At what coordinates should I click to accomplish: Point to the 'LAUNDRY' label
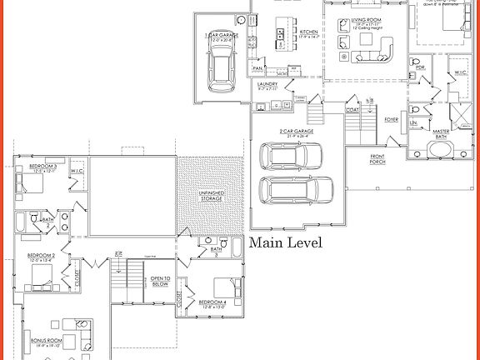pos(267,84)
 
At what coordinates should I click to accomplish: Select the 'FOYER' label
pos(391,119)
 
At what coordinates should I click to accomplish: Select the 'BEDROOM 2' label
pos(41,256)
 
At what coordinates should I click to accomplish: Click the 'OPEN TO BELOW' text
pos(161,281)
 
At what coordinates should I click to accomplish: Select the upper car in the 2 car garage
pos(291,156)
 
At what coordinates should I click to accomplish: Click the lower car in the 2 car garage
pos(291,188)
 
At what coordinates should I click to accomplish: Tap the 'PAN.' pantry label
pos(258,68)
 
